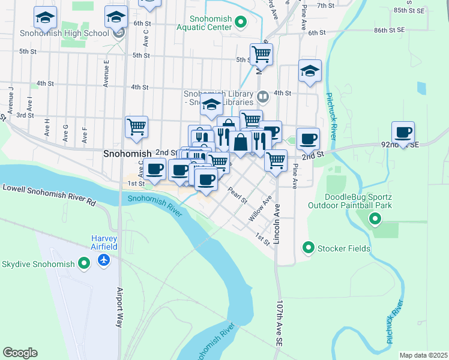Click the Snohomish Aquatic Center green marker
click(x=241, y=23)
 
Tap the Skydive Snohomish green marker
click(x=85, y=263)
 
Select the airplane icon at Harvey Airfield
click(x=104, y=260)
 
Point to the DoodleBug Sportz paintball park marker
click(x=375, y=220)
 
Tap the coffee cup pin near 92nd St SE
click(x=403, y=133)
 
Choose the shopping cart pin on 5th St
click(x=261, y=55)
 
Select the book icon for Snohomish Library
click(x=263, y=96)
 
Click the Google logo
click(x=20, y=352)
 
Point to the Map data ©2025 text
click(x=423, y=355)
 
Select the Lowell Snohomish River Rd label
click(x=49, y=195)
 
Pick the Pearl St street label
click(x=238, y=196)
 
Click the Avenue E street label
click(x=106, y=73)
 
